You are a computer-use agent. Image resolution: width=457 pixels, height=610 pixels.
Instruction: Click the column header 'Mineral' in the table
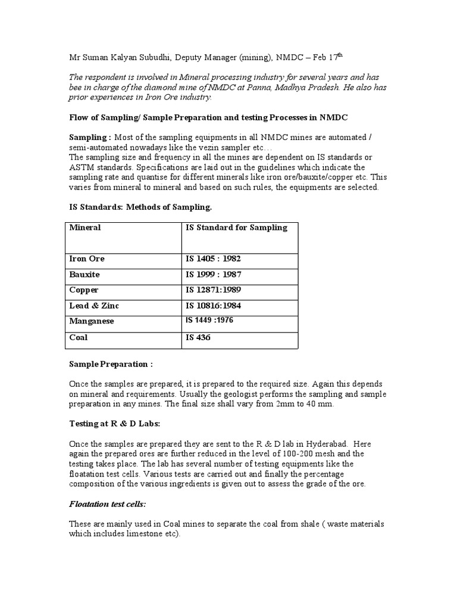[85, 228]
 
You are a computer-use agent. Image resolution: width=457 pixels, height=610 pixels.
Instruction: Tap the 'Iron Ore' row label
[87, 259]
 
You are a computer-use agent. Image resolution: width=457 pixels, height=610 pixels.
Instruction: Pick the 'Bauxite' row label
[84, 275]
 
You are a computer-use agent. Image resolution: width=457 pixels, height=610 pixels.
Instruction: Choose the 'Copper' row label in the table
[84, 290]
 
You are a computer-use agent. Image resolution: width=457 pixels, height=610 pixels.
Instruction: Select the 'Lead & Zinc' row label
[94, 306]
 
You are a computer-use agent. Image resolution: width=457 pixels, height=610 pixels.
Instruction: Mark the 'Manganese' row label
[91, 321]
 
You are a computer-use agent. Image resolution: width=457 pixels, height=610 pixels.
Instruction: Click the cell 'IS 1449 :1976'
[209, 320]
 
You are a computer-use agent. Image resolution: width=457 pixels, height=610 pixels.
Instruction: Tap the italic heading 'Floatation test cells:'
[108, 505]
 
